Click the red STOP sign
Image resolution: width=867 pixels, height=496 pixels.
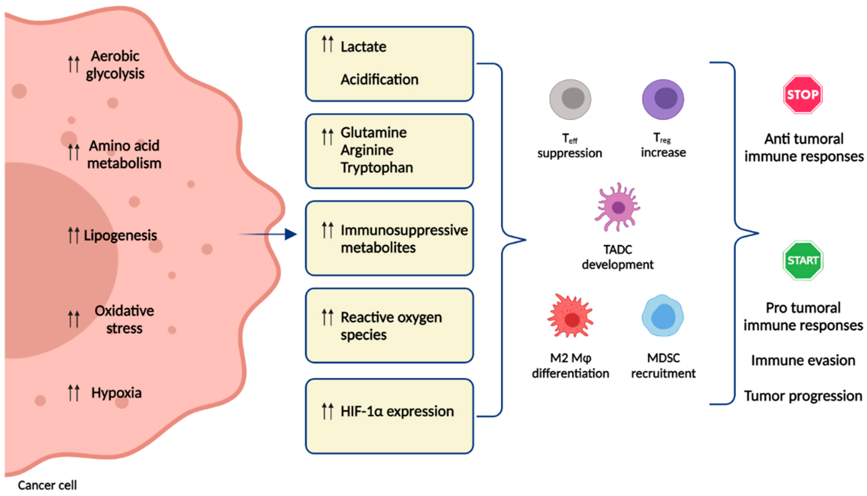point(803,94)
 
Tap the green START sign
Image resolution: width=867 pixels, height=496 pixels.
point(803,261)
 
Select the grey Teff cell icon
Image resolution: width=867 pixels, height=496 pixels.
point(570,99)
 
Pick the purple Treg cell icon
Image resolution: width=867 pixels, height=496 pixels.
point(663,99)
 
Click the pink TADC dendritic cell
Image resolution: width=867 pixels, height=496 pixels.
point(617,207)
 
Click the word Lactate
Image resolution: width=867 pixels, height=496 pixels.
point(363,47)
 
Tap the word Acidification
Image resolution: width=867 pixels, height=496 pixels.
point(379,80)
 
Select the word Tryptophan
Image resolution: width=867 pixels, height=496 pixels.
point(377,168)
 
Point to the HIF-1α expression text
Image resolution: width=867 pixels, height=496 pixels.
point(397,411)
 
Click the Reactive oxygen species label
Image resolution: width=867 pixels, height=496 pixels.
point(391,326)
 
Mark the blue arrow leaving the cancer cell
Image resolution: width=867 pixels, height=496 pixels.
point(269,234)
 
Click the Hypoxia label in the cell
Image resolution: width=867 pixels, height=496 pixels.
point(116,393)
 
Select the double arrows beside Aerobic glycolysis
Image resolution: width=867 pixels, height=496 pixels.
point(74,64)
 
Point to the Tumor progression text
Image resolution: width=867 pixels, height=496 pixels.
point(803,396)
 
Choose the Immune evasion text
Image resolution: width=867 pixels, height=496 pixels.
point(803,360)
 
